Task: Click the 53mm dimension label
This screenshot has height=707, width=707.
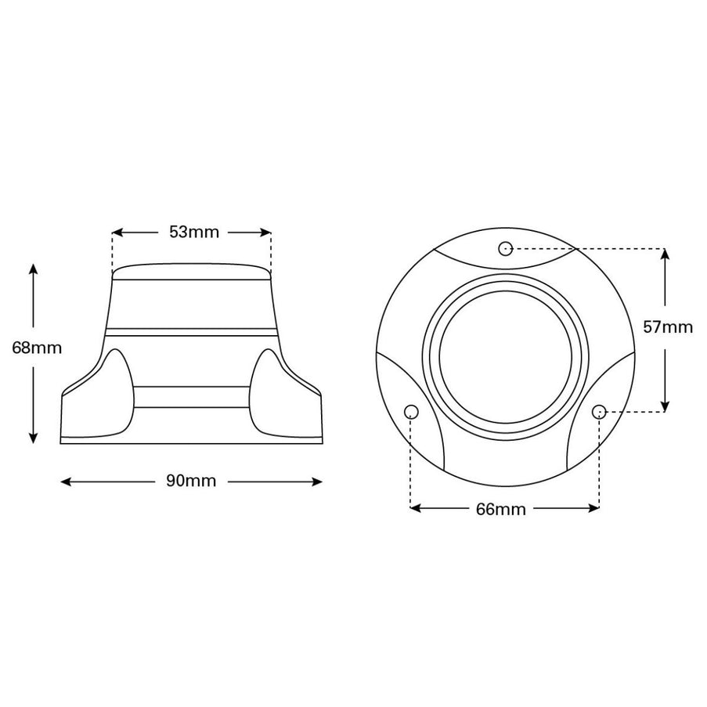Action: [194, 233]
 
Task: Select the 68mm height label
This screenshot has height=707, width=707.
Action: [37, 348]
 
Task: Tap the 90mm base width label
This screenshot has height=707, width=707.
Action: [191, 481]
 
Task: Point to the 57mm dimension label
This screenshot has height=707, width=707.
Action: [668, 327]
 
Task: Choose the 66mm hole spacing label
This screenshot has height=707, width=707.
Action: [501, 510]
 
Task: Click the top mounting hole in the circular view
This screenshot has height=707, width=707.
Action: [506, 248]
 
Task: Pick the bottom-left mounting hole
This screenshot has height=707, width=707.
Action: [411, 412]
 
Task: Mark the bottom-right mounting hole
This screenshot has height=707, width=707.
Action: [599, 411]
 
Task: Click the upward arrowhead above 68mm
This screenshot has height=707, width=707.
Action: [33, 269]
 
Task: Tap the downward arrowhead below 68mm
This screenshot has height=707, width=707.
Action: [33, 438]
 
